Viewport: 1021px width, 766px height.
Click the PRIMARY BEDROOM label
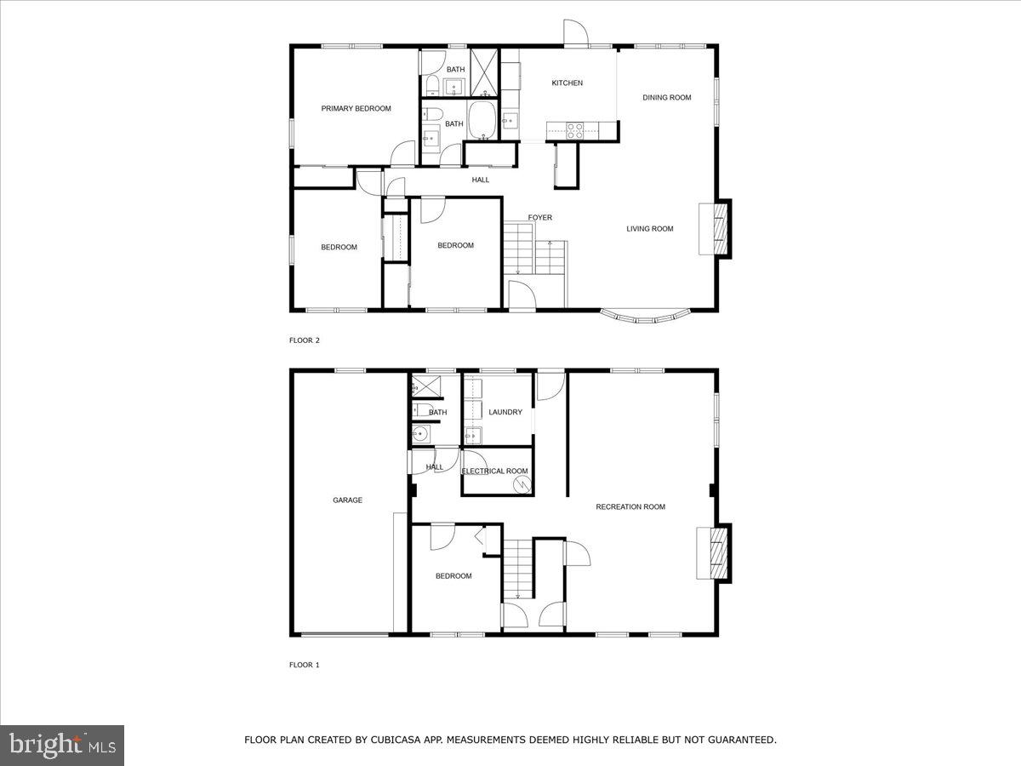[x=356, y=109]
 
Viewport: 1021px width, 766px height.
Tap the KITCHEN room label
[x=568, y=83]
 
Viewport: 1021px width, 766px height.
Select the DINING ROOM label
[x=667, y=98]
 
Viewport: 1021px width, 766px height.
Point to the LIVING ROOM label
[x=650, y=229]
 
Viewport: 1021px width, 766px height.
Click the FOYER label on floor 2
[x=540, y=218]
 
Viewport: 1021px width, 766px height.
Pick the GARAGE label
[x=347, y=500]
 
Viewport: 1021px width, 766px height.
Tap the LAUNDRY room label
[x=505, y=413]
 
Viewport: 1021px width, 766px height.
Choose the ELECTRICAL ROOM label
[x=494, y=472]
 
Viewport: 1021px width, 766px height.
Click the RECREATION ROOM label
[x=630, y=507]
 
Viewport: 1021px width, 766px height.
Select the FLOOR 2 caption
[x=305, y=340]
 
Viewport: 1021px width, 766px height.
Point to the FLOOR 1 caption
[x=305, y=665]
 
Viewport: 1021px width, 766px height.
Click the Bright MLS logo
[x=62, y=746]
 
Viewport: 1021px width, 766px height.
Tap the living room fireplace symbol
[x=716, y=228]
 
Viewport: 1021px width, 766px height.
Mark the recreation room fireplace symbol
[x=714, y=554]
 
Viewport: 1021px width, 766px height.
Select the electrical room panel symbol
[x=522, y=484]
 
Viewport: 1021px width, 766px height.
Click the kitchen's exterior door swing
[x=575, y=31]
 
